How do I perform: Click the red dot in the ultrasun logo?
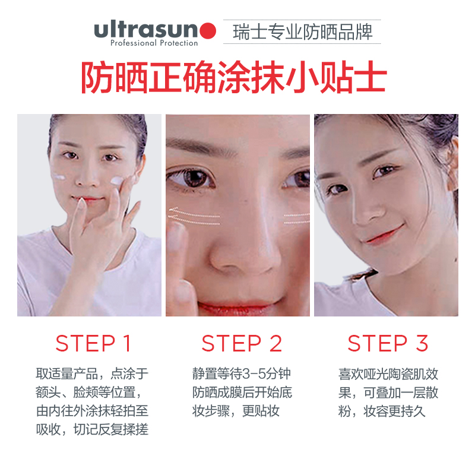(x=208, y=31)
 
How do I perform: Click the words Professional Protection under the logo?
(x=154, y=43)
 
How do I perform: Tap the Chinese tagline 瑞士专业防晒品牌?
(x=302, y=32)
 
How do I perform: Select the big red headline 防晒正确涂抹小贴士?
(x=234, y=78)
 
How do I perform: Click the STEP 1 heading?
(x=93, y=343)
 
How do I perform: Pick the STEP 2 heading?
(x=242, y=343)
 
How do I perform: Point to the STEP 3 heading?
(x=388, y=343)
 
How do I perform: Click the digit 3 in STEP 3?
(x=422, y=343)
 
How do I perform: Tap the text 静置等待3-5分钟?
(x=242, y=374)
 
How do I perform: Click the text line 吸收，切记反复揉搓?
(x=92, y=429)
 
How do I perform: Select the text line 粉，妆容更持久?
(x=382, y=411)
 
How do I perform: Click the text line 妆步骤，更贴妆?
(x=236, y=411)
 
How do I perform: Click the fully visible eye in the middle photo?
(x=191, y=178)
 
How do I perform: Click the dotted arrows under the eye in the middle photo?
(x=194, y=216)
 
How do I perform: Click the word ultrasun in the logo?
(x=146, y=29)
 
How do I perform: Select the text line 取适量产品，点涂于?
(x=92, y=374)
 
